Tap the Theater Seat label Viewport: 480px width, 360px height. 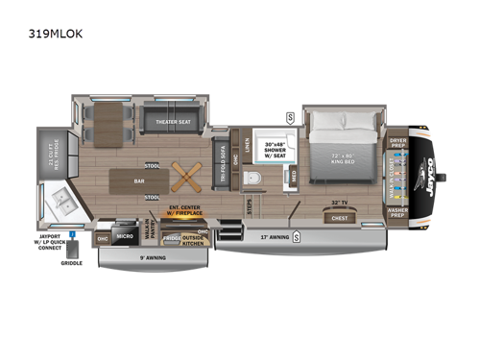pyautogui.click(x=168, y=121)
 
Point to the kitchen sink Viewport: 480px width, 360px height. pyautogui.click(x=63, y=202)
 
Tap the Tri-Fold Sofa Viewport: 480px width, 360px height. pyautogui.click(x=223, y=160)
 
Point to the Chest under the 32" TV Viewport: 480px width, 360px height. pyautogui.click(x=339, y=216)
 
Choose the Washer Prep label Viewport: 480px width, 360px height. pyautogui.click(x=398, y=209)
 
